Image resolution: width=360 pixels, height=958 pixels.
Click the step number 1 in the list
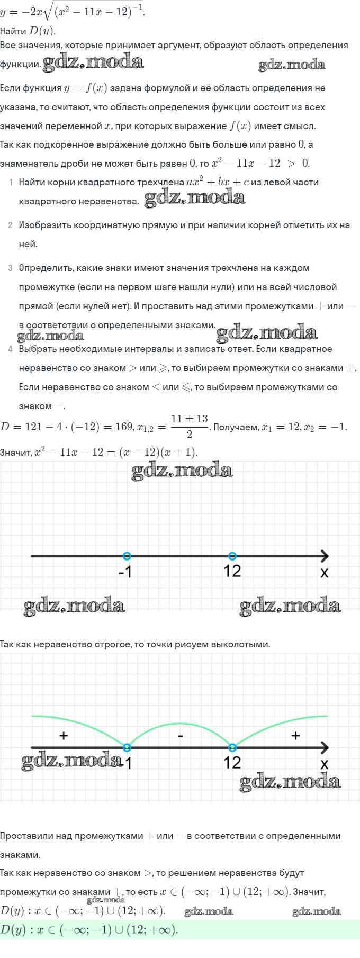(x=11, y=183)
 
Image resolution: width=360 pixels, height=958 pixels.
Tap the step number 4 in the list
(x=11, y=349)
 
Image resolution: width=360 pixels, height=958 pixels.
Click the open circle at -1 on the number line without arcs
(x=127, y=556)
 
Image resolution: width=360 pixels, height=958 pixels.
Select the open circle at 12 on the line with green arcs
(x=232, y=747)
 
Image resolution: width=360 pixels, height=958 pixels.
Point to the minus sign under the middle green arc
(x=181, y=736)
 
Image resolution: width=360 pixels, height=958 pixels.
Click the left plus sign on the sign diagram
(x=64, y=735)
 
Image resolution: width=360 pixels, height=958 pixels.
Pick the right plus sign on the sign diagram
(x=295, y=735)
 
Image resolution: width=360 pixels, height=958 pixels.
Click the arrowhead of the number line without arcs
(x=324, y=556)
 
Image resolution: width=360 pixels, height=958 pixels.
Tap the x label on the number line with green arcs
(x=325, y=764)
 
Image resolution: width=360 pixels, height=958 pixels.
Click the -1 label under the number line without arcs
(x=125, y=572)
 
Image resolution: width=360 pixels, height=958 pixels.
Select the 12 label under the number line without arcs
(x=232, y=572)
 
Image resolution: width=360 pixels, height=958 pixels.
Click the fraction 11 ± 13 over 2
(x=189, y=426)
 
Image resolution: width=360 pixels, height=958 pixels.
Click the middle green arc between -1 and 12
(x=180, y=724)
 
